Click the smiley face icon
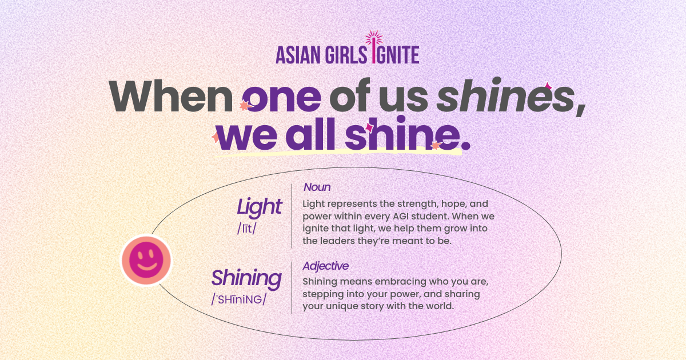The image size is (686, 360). coord(146,261)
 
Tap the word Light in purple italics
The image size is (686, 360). coord(260,207)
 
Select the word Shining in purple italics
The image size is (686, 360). coord(246,278)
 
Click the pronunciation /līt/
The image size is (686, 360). coord(246,229)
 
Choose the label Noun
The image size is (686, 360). coord(317,187)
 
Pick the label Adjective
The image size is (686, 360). coord(325,266)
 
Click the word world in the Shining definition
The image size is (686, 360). coord(438,306)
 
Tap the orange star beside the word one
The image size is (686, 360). coord(245,106)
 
